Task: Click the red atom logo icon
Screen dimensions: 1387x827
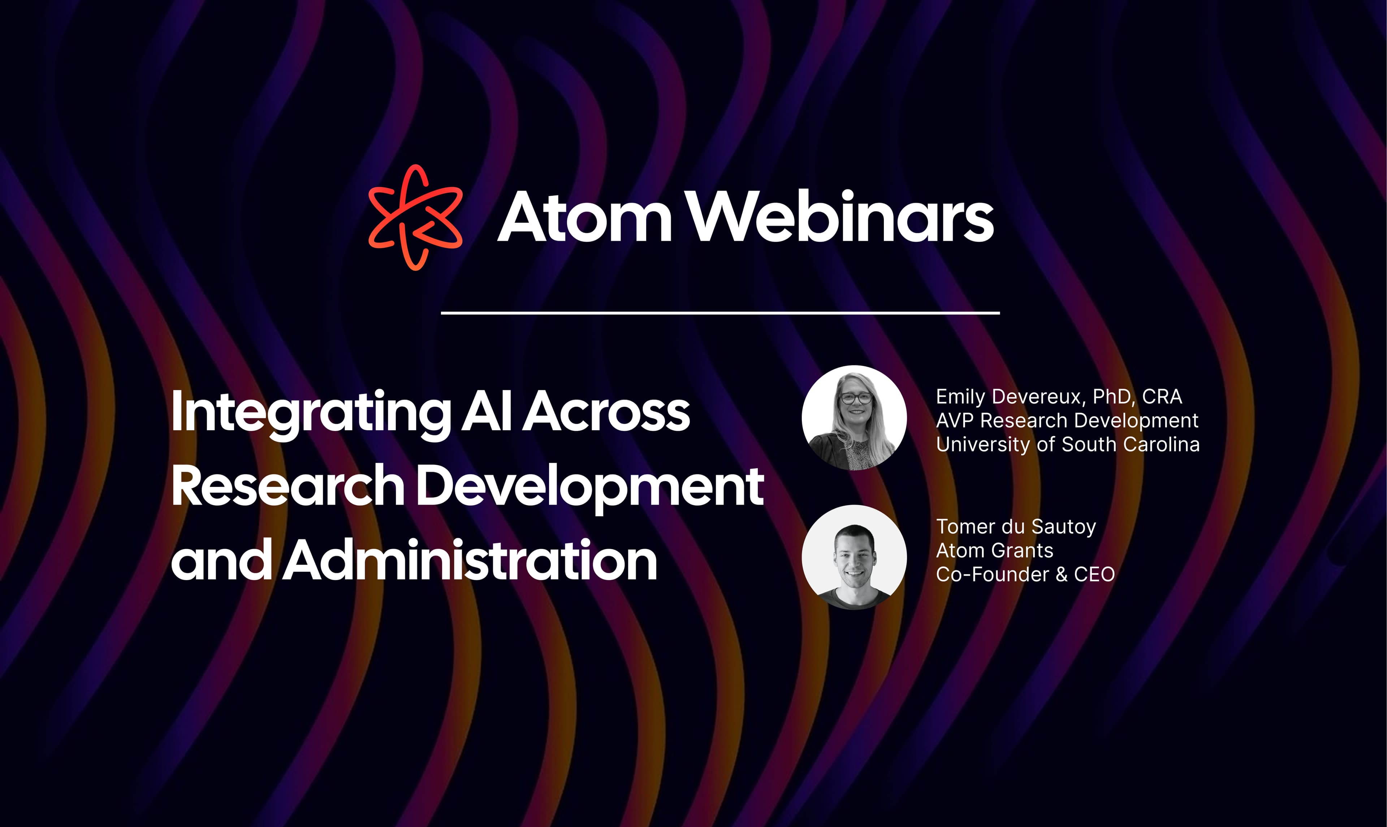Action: pyautogui.click(x=415, y=217)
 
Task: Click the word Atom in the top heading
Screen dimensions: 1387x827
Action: pyautogui.click(x=584, y=217)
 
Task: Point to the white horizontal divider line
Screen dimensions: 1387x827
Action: pyautogui.click(x=720, y=313)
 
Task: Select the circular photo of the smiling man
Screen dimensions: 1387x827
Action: pyautogui.click(x=854, y=557)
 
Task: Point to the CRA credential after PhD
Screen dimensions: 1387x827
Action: pyautogui.click(x=1162, y=397)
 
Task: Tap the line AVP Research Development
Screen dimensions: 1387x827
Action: pyautogui.click(x=1067, y=421)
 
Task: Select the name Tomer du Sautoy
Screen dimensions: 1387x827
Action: pyautogui.click(x=1016, y=527)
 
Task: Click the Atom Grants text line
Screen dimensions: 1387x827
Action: pyautogui.click(x=994, y=550)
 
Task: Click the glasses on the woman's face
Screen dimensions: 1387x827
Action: pyautogui.click(x=856, y=398)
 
